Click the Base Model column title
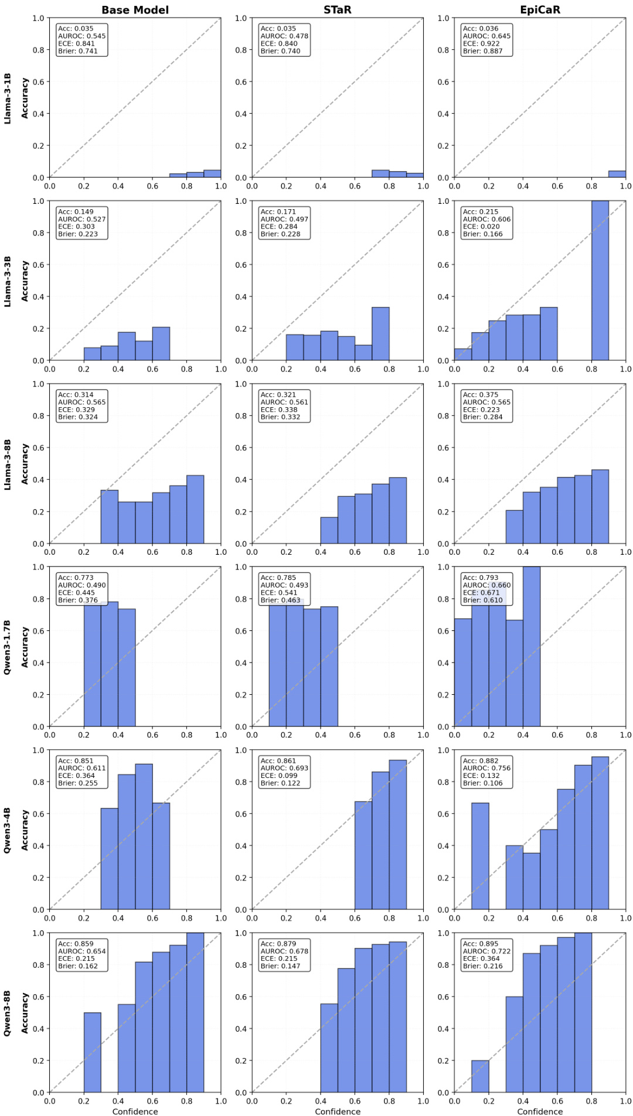click(x=135, y=10)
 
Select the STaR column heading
click(x=337, y=10)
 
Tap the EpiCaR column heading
click(x=540, y=10)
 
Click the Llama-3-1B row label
click(x=8, y=98)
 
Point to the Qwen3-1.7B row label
click(x=8, y=647)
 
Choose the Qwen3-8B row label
click(x=8, y=1013)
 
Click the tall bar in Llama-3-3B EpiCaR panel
click(x=600, y=281)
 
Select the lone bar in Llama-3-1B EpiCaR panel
click(x=617, y=174)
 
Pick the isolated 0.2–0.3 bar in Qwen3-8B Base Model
click(x=92, y=1053)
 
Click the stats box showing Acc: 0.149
click(x=82, y=223)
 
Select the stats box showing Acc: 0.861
click(x=284, y=772)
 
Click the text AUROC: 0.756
click(x=486, y=768)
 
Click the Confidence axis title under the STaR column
click(x=338, y=1111)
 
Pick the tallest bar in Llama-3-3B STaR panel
click(x=380, y=334)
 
